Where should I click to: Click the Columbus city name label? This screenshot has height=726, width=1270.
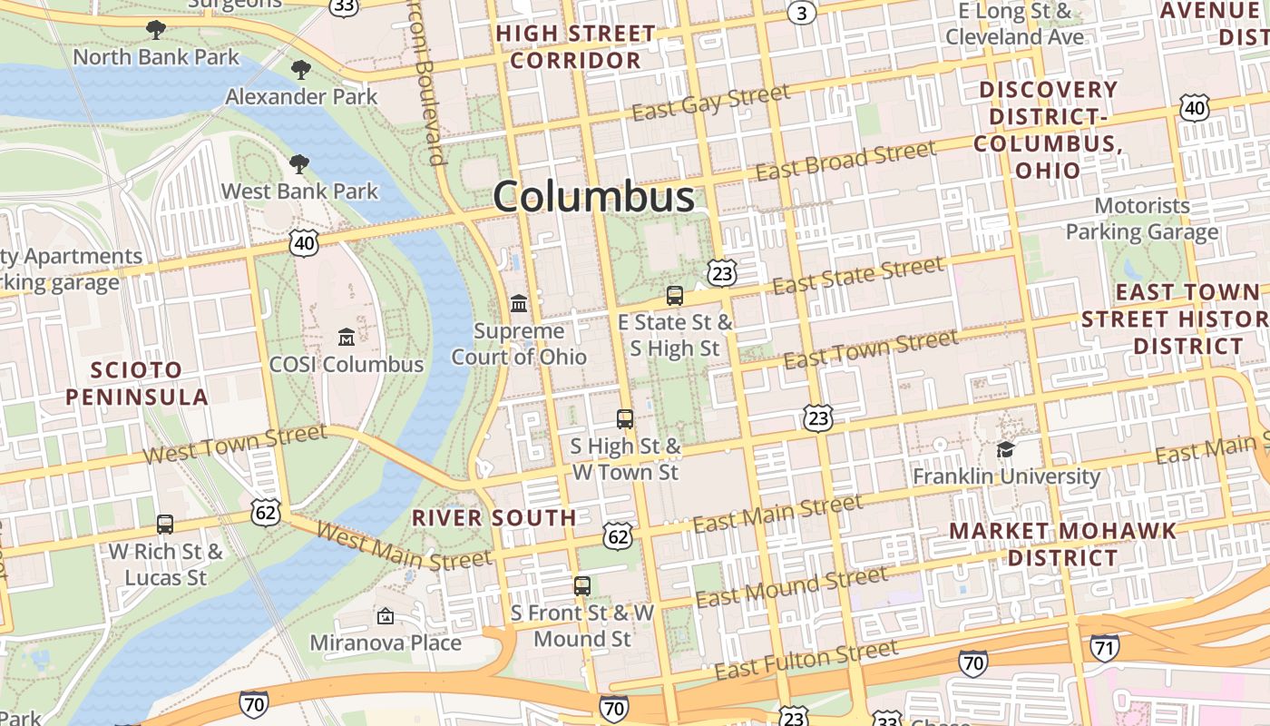[594, 197]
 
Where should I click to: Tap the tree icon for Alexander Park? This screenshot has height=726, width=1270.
[300, 69]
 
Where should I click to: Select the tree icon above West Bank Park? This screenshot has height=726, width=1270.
[298, 164]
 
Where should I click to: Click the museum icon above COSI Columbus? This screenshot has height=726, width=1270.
[346, 338]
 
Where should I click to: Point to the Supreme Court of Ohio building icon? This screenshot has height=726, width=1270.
[519, 302]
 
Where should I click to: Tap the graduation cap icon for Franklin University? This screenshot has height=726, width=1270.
[1005, 449]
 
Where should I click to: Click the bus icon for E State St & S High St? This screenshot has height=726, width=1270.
[674, 295]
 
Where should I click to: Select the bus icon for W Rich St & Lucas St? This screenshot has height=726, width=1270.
[165, 524]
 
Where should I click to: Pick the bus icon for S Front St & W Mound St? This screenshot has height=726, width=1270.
[582, 585]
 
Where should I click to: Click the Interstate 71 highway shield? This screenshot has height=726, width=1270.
[1104, 648]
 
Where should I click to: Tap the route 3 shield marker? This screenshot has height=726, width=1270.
[800, 12]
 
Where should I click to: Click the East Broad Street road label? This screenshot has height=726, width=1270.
[845, 161]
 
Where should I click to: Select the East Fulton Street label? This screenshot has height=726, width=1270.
[806, 661]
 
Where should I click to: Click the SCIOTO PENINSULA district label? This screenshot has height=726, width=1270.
[137, 383]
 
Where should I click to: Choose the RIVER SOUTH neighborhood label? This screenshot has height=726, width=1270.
[494, 517]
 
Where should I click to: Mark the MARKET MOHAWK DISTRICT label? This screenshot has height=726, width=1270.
[1062, 543]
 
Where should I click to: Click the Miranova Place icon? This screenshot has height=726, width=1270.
[386, 617]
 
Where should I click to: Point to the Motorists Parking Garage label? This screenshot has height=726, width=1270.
[1141, 219]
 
